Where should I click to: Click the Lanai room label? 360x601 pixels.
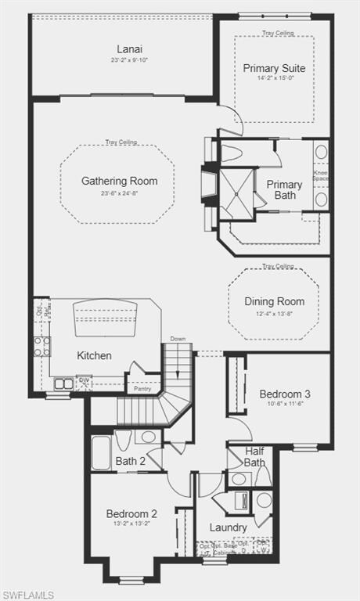coord(130,48)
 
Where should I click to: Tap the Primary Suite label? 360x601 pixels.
coord(274,68)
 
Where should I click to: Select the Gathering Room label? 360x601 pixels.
coord(119,181)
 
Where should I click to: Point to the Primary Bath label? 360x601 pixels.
coord(285,190)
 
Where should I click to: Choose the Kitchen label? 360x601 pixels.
coord(94,355)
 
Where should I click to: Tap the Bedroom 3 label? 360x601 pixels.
coord(285,394)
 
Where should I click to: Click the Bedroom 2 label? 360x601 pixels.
coord(131,513)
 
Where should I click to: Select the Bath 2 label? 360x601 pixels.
coord(131,461)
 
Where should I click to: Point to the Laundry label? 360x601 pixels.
coord(229,527)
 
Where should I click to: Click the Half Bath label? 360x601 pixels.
coord(254,456)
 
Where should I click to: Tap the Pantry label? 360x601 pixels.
coord(142,388)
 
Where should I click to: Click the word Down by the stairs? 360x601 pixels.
coord(178,339)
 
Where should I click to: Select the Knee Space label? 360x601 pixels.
coord(321,175)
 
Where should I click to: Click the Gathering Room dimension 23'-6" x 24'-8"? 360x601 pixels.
coord(119,193)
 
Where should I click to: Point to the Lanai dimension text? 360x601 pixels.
coord(130,59)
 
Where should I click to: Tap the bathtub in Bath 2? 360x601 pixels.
coord(101,453)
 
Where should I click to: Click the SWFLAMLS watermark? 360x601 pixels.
coord(28,595)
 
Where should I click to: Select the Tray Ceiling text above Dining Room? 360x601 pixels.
coord(278,266)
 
